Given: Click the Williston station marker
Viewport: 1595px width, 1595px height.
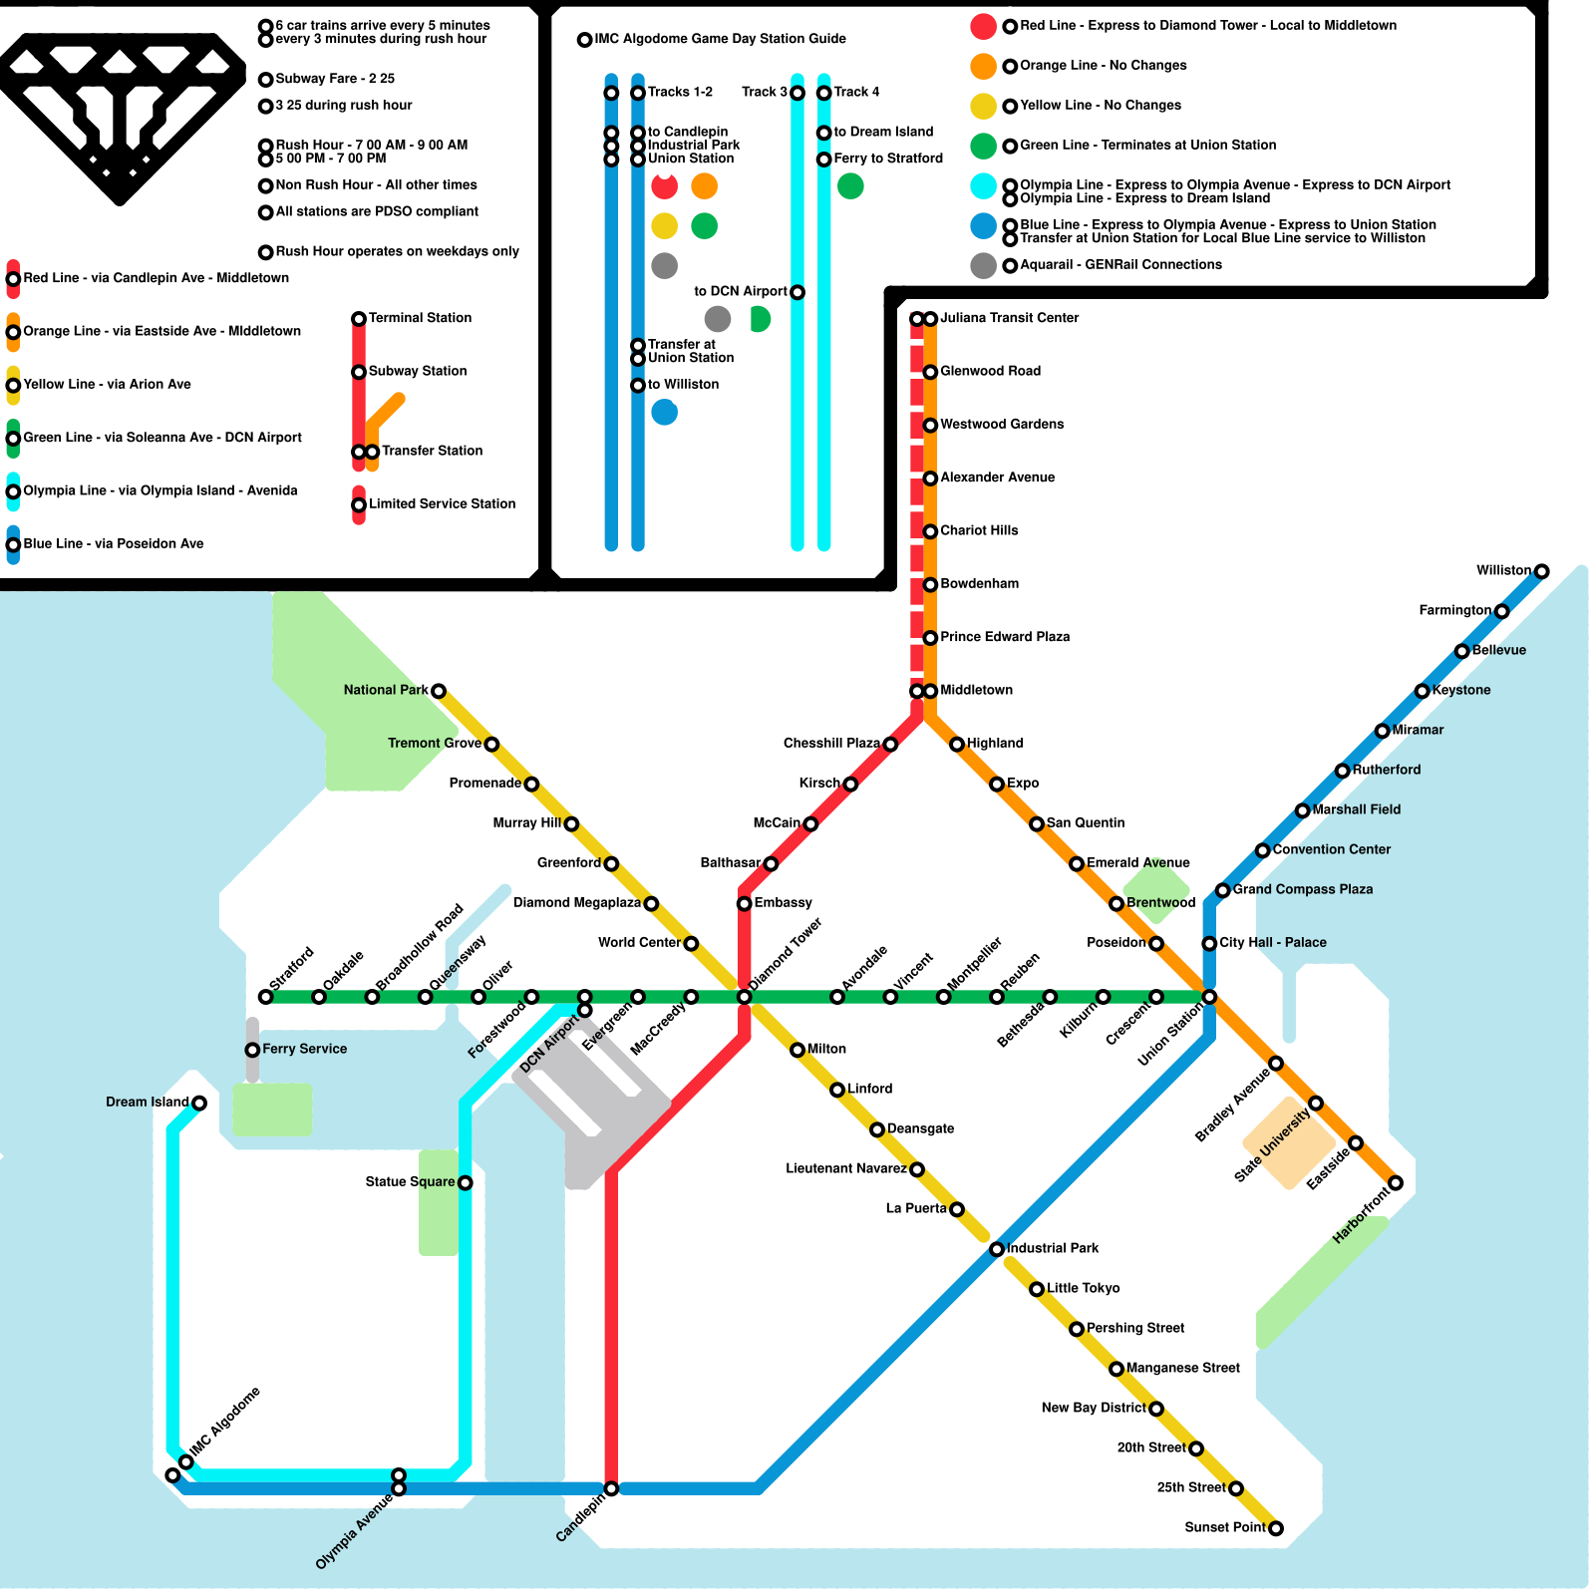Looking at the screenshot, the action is [1541, 571].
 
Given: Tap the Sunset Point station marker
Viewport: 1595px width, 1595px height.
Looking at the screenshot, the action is [1275, 1528].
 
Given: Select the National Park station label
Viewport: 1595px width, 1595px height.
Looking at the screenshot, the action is [386, 690].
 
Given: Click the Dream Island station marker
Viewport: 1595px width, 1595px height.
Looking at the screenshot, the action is [199, 1103].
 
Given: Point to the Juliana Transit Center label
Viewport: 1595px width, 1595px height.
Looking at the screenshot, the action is [1010, 318].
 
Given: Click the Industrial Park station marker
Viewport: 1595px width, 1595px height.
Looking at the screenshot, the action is [997, 1249].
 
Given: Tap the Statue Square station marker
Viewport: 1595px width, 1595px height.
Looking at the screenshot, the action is [465, 1182].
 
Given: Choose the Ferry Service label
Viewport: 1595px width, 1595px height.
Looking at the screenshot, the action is [305, 1049].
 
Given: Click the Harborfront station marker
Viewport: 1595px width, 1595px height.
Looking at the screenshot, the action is [1396, 1182].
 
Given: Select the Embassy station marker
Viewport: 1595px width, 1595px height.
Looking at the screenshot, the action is [744, 903].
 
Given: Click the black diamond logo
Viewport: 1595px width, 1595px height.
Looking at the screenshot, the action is [120, 117].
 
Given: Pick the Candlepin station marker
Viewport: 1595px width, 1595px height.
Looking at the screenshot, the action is [611, 1488].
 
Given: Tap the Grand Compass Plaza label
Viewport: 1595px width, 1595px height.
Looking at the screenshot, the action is [1303, 889].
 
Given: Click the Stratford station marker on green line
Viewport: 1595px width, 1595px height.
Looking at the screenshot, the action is [265, 997].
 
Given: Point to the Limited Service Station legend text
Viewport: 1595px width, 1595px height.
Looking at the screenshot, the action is [443, 504].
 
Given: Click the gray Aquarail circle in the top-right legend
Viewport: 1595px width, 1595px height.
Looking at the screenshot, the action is [984, 265].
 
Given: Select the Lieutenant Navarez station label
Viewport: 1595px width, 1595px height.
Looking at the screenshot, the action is [846, 1168].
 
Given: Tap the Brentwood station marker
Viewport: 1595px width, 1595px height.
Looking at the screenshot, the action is [1116, 903].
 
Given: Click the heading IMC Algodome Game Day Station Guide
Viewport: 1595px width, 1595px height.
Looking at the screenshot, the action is [720, 39].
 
